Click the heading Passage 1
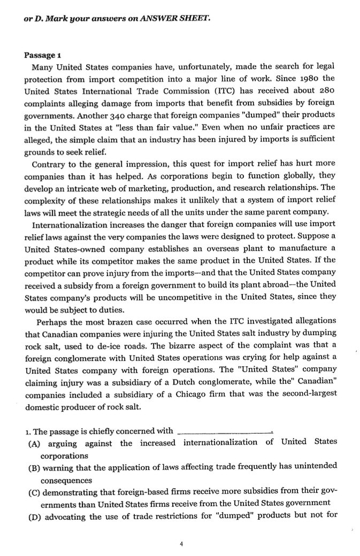click(42, 56)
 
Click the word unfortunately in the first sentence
click(168, 68)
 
